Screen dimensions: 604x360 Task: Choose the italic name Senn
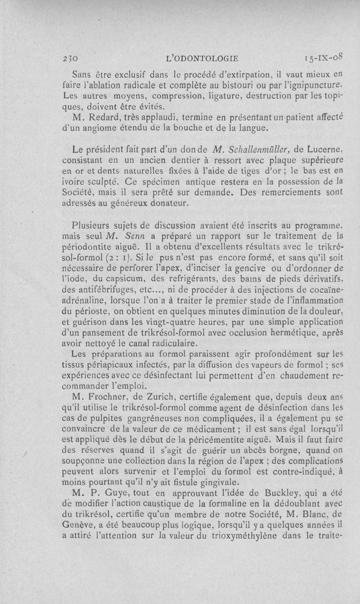[135, 235]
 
